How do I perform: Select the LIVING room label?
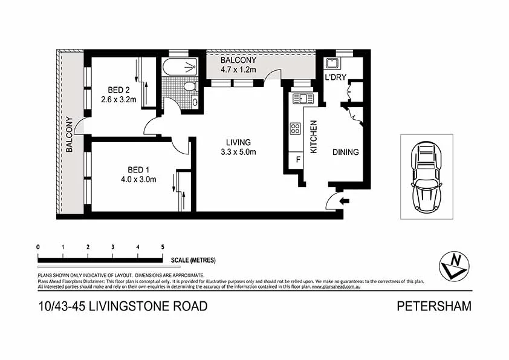point(236,143)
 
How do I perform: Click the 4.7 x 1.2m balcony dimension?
point(238,70)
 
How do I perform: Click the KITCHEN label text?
point(314,137)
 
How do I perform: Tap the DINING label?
point(345,152)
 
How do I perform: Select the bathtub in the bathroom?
point(180,66)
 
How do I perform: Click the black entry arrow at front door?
point(345,201)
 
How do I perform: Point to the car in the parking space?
point(426,177)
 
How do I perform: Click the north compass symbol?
point(453,264)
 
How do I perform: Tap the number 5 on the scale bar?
point(163,247)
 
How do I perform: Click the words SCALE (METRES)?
point(193,260)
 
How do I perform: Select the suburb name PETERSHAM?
point(433,306)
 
